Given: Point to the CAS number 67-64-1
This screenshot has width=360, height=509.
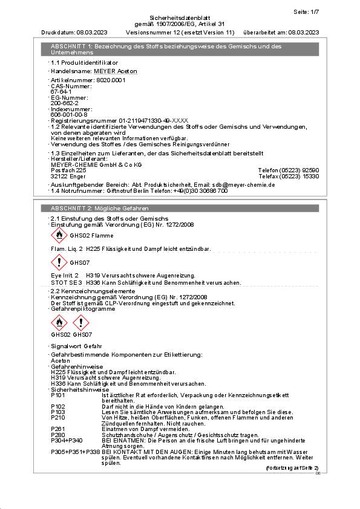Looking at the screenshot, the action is coord(61,91).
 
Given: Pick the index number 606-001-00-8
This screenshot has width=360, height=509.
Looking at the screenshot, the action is coord(69,114).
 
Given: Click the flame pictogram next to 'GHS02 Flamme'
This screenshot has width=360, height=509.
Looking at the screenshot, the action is coord(59,235).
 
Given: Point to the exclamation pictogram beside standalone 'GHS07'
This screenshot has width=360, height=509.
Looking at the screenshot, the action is coord(59,262).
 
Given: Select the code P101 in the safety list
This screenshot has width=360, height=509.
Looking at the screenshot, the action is coord(58,395).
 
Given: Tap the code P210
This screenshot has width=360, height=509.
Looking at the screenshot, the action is coord(58,418).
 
